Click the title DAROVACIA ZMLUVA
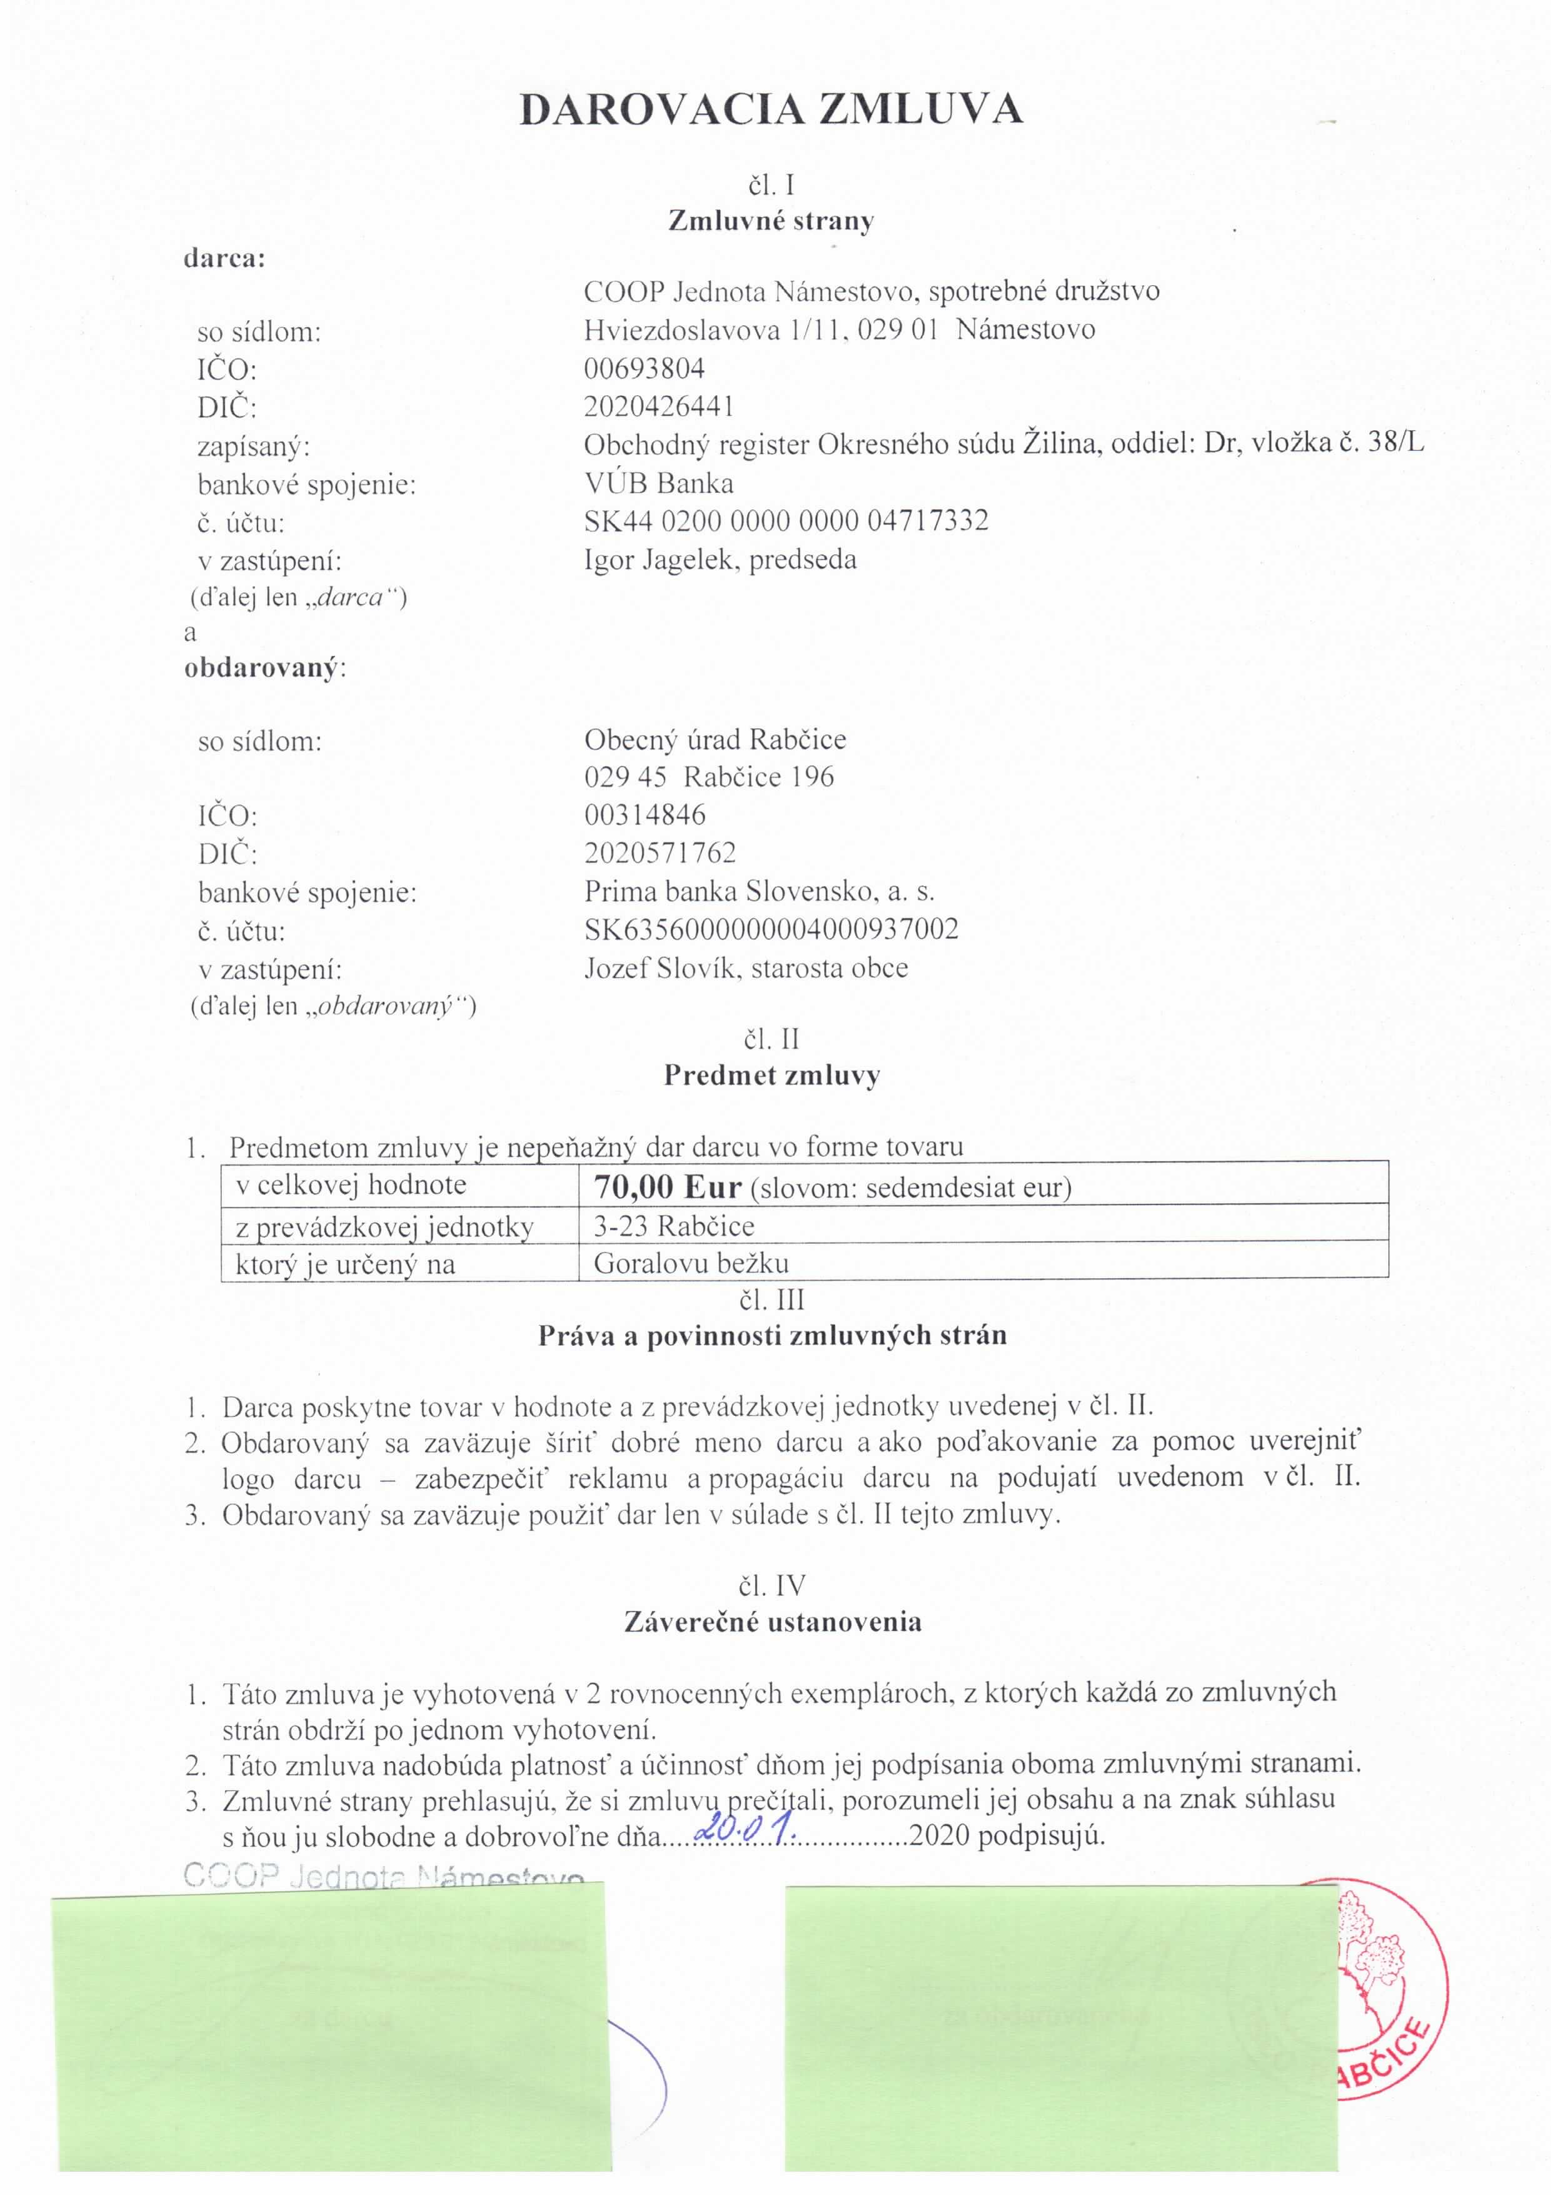[x=771, y=111]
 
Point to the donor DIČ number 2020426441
[x=660, y=407]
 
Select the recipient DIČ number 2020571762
[x=660, y=853]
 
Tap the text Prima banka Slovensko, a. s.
[x=759, y=891]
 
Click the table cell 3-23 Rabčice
[x=674, y=1226]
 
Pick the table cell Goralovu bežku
[x=691, y=1264]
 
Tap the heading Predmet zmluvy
[x=771, y=1076]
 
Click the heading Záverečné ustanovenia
[x=772, y=1622]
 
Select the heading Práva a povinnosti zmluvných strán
[x=772, y=1336]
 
